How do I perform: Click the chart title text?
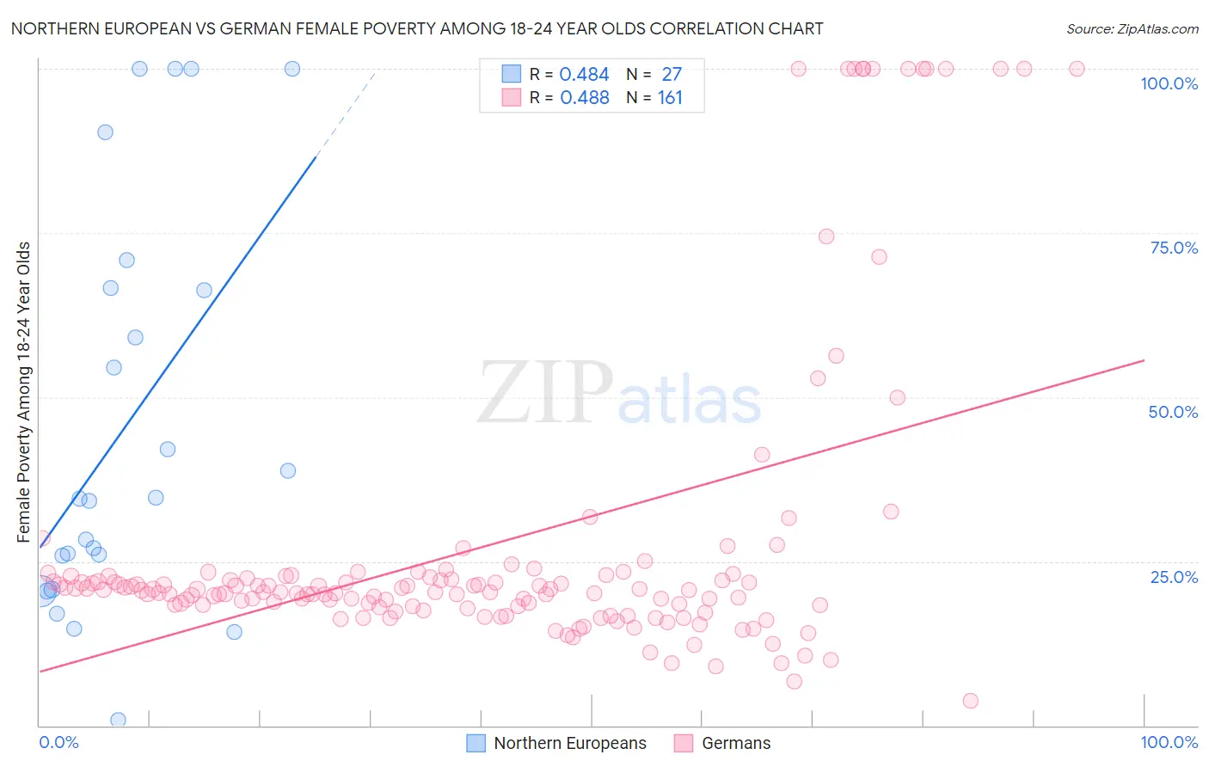click(x=417, y=28)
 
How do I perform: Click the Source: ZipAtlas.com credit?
click(x=1132, y=28)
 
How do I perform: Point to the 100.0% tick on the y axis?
click(x=1169, y=83)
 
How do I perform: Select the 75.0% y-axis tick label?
click(x=1174, y=248)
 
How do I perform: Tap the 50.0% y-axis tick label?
click(x=1173, y=412)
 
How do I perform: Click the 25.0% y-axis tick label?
click(x=1174, y=576)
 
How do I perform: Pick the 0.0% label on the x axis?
click(x=58, y=742)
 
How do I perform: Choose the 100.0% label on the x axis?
click(x=1169, y=742)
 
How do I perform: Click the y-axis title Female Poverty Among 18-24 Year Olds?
click(x=24, y=392)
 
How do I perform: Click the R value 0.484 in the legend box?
click(x=584, y=75)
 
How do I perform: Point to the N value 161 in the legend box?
click(x=670, y=98)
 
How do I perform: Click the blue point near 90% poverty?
click(x=105, y=132)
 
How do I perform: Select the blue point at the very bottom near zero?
click(x=119, y=720)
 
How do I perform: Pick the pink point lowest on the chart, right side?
click(x=970, y=701)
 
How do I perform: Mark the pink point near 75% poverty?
click(x=826, y=236)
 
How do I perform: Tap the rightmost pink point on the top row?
click(x=1077, y=69)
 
